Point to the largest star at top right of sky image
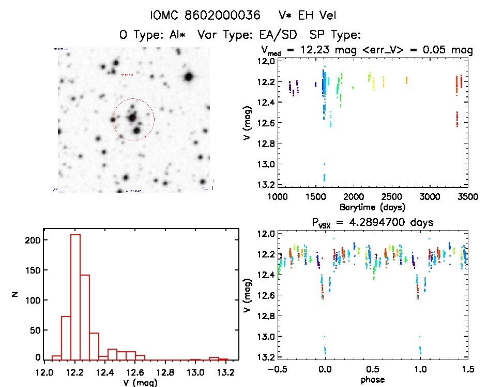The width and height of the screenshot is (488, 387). [188, 77]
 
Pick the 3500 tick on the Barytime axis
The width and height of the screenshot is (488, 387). [468, 197]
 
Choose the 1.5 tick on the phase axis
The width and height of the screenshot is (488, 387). [466, 368]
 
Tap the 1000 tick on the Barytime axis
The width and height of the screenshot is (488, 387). [278, 197]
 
